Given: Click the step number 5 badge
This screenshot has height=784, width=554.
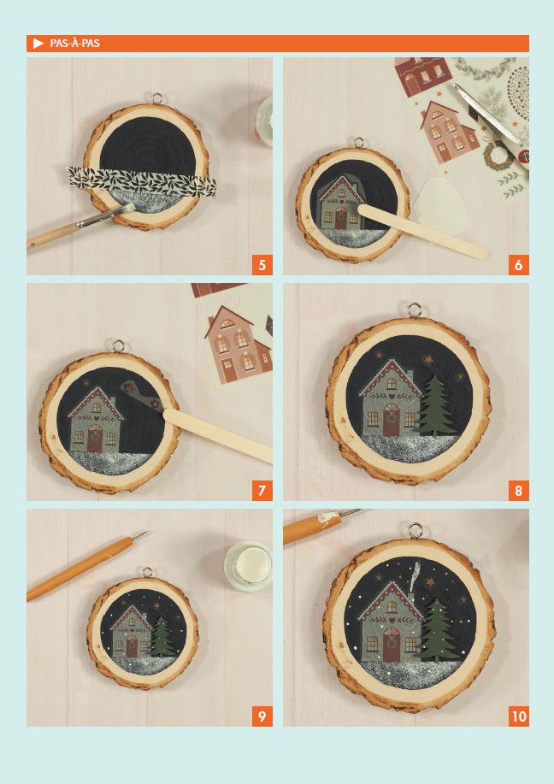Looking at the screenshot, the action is click(x=262, y=264).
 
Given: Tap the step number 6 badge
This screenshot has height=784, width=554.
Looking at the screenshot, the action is click(x=518, y=264).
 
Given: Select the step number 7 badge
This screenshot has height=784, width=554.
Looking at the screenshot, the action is click(x=262, y=491).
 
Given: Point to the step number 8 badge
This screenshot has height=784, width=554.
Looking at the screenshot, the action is click(x=518, y=491).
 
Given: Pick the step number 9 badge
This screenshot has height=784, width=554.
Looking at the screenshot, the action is click(x=262, y=716).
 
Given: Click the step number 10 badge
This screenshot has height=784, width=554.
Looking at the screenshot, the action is click(x=518, y=716).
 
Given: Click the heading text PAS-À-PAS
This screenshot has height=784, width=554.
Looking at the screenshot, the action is click(x=75, y=44).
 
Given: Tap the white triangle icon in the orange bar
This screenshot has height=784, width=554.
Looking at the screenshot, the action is click(x=38, y=44).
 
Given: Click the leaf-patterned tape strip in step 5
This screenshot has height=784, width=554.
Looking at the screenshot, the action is click(x=143, y=181).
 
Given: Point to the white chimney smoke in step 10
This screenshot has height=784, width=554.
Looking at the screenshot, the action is click(x=414, y=577).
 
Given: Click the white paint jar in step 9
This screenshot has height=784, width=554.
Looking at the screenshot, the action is click(x=249, y=567).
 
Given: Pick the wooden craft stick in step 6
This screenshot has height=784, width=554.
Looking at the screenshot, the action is click(x=422, y=231).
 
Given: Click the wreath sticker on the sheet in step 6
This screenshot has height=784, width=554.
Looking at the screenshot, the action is click(x=498, y=155).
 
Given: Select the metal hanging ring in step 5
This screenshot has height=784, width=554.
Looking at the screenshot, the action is click(x=157, y=98).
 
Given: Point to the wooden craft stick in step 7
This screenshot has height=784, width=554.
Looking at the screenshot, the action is click(x=217, y=435).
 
